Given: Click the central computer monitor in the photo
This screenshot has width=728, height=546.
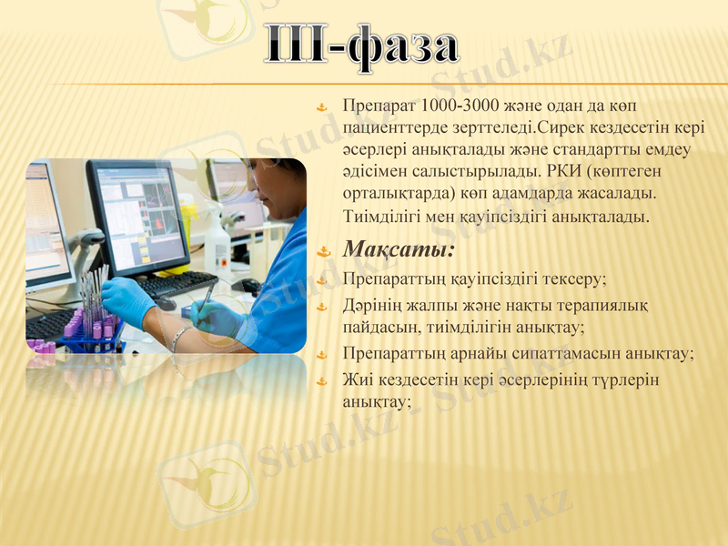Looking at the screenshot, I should point(138,216).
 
